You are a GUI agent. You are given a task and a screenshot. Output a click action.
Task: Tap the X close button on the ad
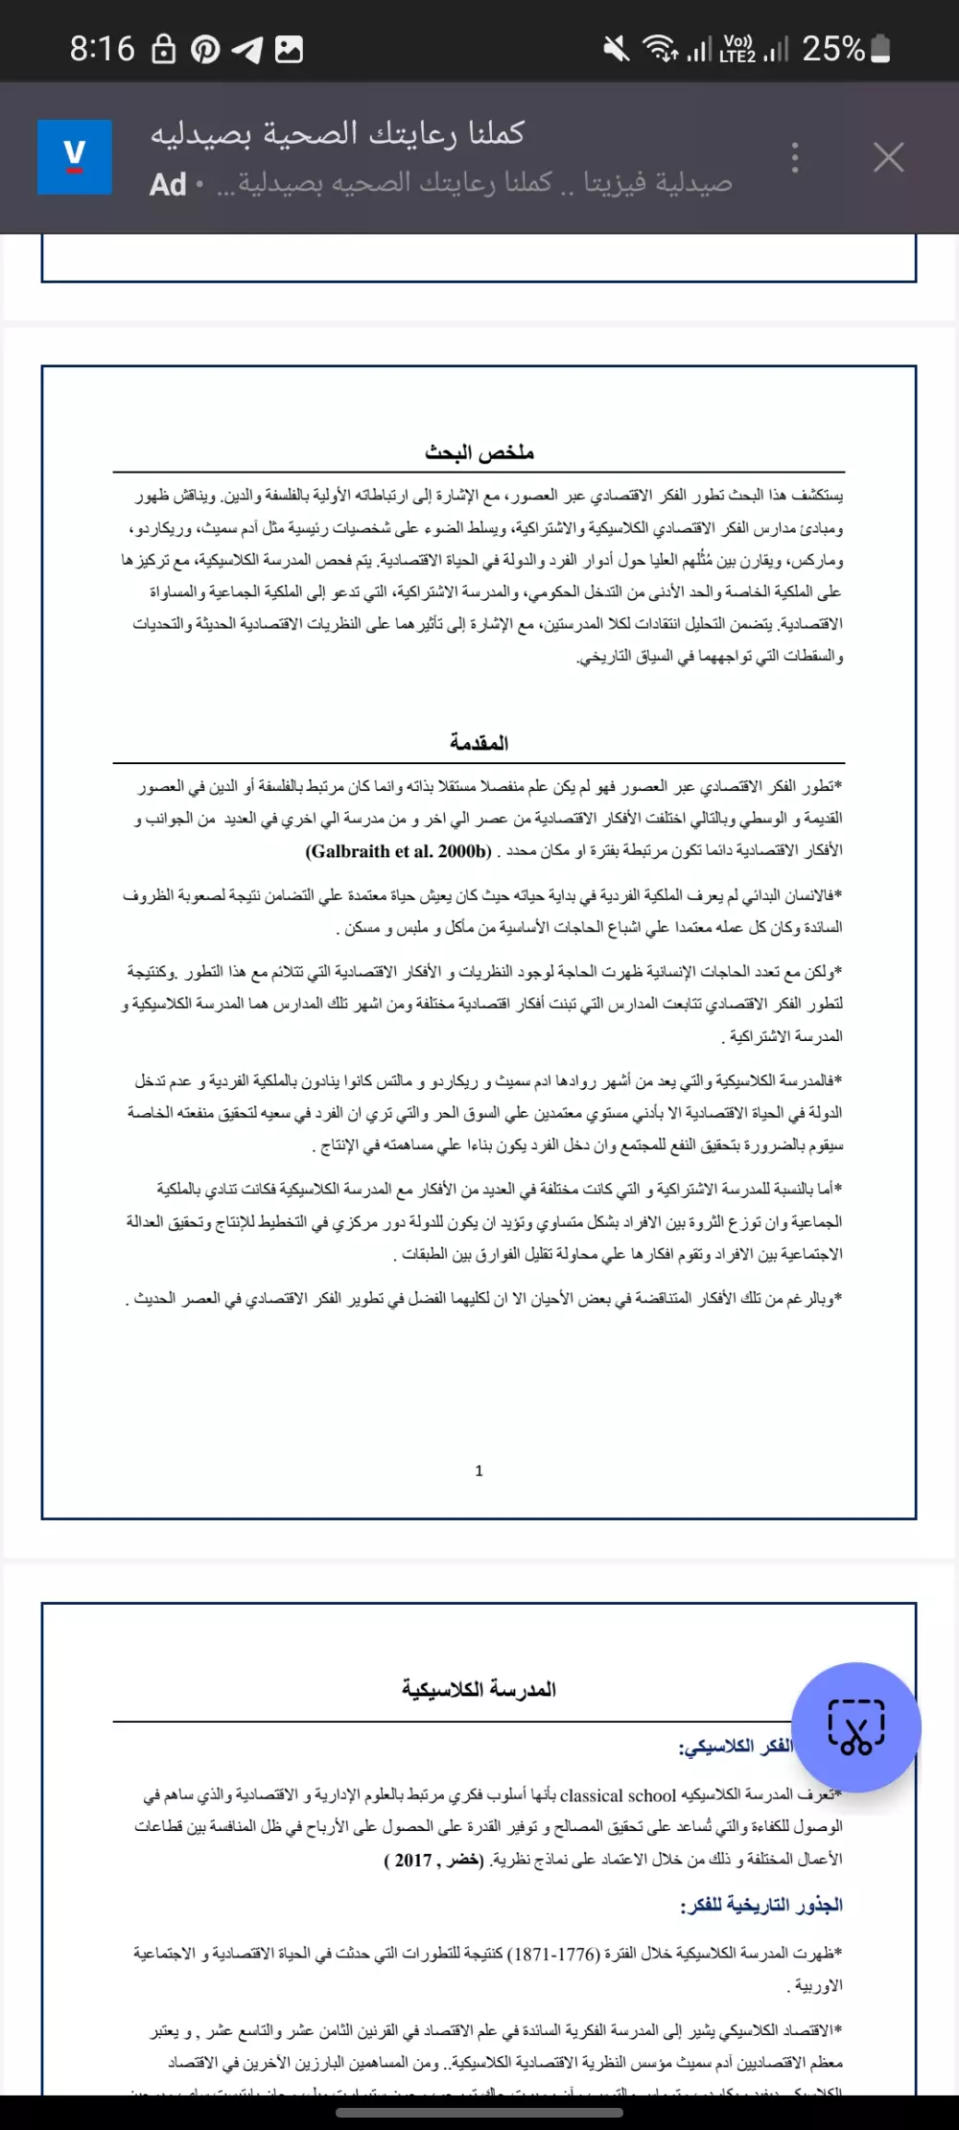[888, 157]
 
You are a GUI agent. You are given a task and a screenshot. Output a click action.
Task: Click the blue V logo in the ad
[75, 157]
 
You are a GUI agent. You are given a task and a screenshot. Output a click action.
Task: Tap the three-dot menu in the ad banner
[795, 157]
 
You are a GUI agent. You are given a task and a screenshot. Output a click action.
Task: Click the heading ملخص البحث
[479, 452]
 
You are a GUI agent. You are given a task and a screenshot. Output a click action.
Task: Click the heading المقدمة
[479, 743]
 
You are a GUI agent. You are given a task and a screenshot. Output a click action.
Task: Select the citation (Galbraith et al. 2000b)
[399, 851]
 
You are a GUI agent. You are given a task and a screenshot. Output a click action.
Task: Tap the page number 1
[479, 1470]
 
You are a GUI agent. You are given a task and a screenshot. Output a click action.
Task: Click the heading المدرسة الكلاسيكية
[479, 1689]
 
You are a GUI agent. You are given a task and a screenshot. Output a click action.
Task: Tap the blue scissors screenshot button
[856, 1727]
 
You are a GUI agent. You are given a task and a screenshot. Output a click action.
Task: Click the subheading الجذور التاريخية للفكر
[761, 1905]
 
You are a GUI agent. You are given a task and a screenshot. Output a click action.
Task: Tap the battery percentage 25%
[832, 48]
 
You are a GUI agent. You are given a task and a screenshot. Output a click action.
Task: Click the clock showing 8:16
[103, 48]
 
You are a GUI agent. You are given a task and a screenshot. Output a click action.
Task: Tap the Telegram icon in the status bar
[247, 50]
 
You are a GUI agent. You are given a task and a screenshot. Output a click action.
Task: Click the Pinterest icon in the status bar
[204, 50]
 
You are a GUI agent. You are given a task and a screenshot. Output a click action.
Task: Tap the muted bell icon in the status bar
[617, 48]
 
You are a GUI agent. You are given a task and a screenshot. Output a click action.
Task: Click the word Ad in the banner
[168, 184]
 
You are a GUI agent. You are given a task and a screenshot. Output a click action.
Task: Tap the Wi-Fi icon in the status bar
[661, 48]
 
